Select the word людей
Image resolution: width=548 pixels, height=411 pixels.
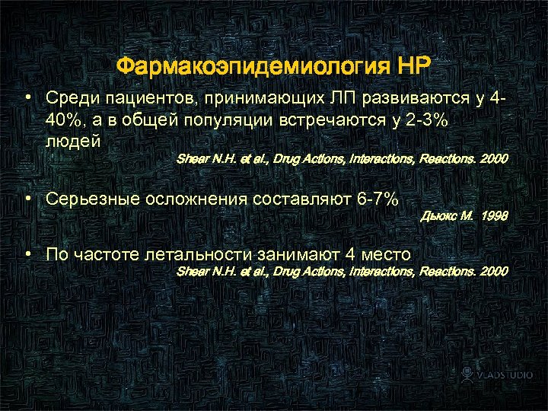tap(74, 142)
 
